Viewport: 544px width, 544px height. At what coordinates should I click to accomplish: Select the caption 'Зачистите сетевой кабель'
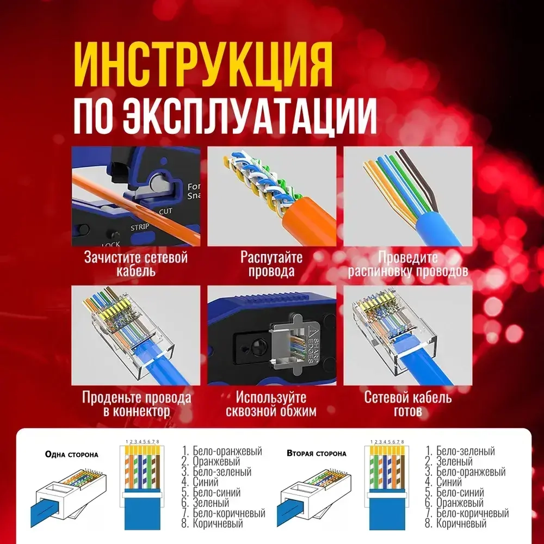136,264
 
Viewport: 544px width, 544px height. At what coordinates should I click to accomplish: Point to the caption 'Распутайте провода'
271,264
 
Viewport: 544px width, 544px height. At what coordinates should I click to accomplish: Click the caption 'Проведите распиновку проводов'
408,264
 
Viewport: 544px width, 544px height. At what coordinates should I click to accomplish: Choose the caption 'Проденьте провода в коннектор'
136,404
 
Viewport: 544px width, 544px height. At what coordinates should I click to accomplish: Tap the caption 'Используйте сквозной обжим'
271,404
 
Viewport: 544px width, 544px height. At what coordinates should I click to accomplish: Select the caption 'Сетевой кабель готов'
408,404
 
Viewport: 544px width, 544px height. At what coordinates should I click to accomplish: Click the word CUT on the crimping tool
166,211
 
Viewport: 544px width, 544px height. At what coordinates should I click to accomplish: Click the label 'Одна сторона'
71,454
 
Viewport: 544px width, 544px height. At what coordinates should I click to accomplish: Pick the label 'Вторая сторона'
316,453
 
